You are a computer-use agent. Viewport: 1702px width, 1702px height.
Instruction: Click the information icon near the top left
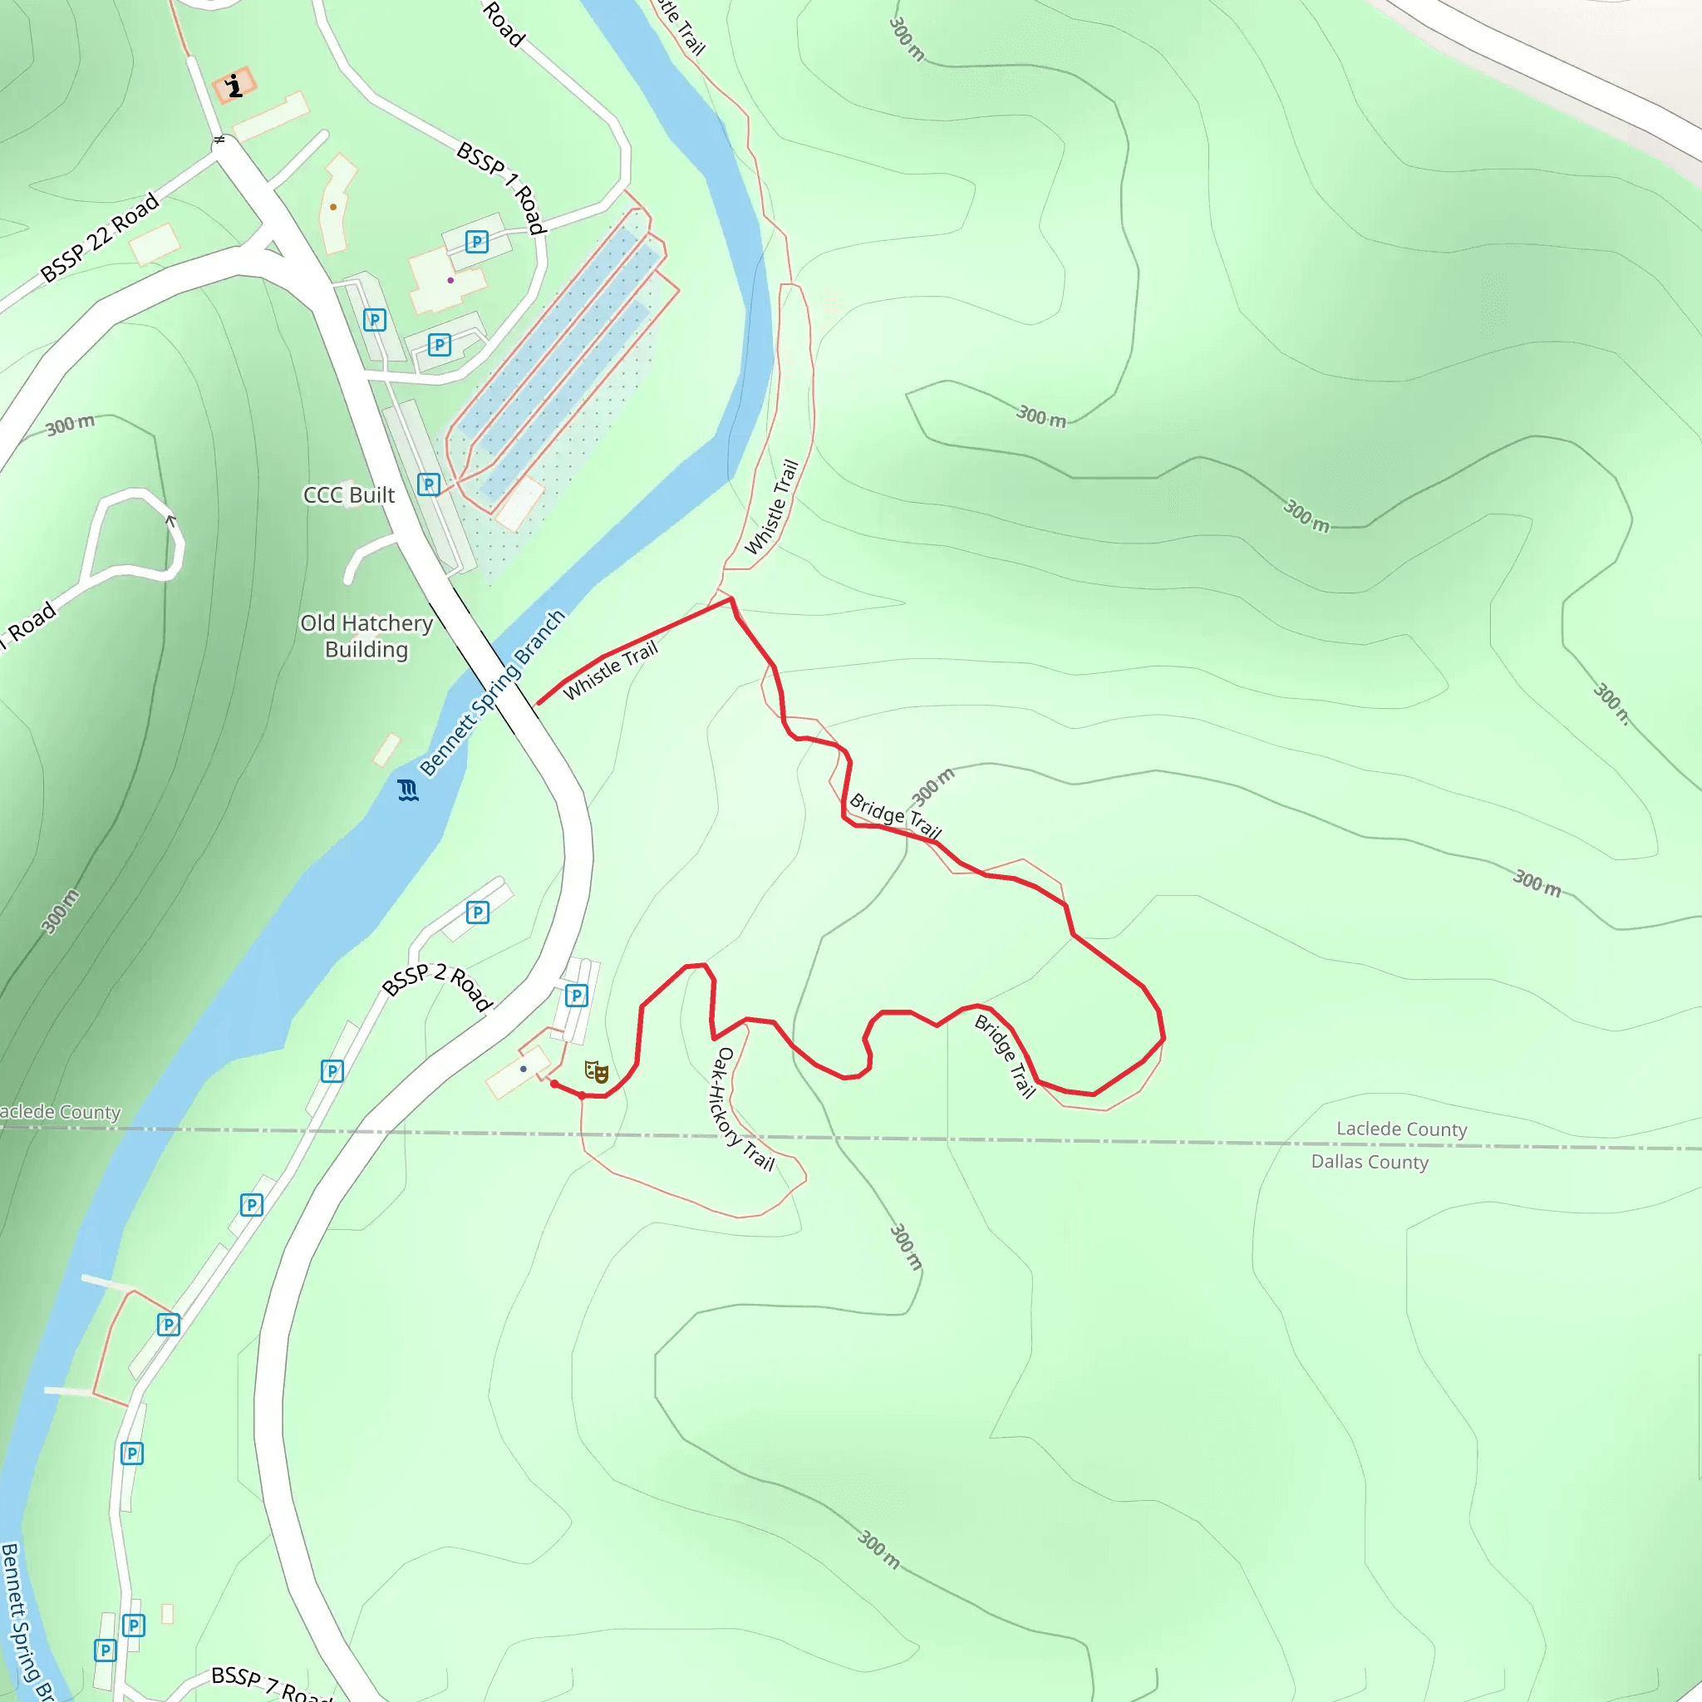click(234, 86)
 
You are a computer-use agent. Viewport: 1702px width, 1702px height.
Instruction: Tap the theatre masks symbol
click(597, 1071)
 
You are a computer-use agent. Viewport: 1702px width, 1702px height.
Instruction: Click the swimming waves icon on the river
click(407, 790)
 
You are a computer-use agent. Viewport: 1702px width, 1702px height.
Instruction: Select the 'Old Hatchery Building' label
click(366, 636)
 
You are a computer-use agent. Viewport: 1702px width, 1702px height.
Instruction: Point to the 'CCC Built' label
click(349, 495)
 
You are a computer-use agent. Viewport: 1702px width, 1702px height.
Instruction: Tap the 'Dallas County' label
click(1369, 1162)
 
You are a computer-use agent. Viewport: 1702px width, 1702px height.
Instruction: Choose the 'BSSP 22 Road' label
click(101, 237)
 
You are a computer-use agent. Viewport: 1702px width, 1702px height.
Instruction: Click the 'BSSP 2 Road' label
click(437, 986)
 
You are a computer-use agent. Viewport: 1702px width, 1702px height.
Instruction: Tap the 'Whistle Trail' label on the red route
click(611, 671)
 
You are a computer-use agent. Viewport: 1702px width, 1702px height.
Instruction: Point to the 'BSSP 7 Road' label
click(271, 1683)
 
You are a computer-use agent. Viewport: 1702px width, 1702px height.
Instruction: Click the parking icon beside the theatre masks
click(576, 996)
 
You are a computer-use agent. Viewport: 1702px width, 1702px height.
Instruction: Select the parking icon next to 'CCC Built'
click(428, 485)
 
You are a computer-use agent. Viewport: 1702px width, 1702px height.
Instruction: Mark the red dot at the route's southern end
click(554, 1085)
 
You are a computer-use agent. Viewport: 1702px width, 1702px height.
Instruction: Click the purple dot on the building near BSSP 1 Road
click(450, 280)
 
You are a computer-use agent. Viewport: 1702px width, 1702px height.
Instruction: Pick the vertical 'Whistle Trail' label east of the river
click(772, 507)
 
